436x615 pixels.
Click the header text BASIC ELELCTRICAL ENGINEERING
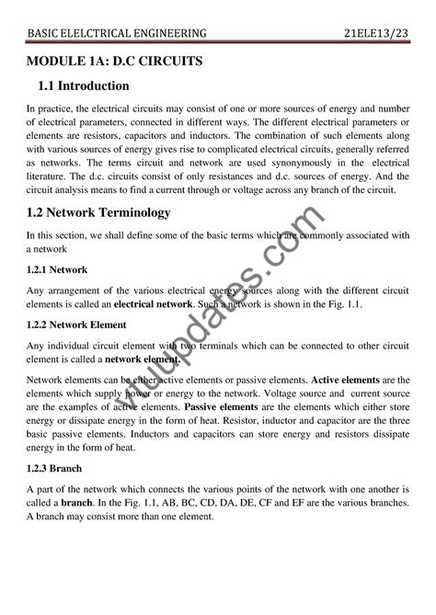click(x=117, y=34)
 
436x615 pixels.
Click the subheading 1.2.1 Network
click(x=56, y=270)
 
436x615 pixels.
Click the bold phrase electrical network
click(x=154, y=302)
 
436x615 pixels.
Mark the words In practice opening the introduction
click(x=49, y=108)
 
